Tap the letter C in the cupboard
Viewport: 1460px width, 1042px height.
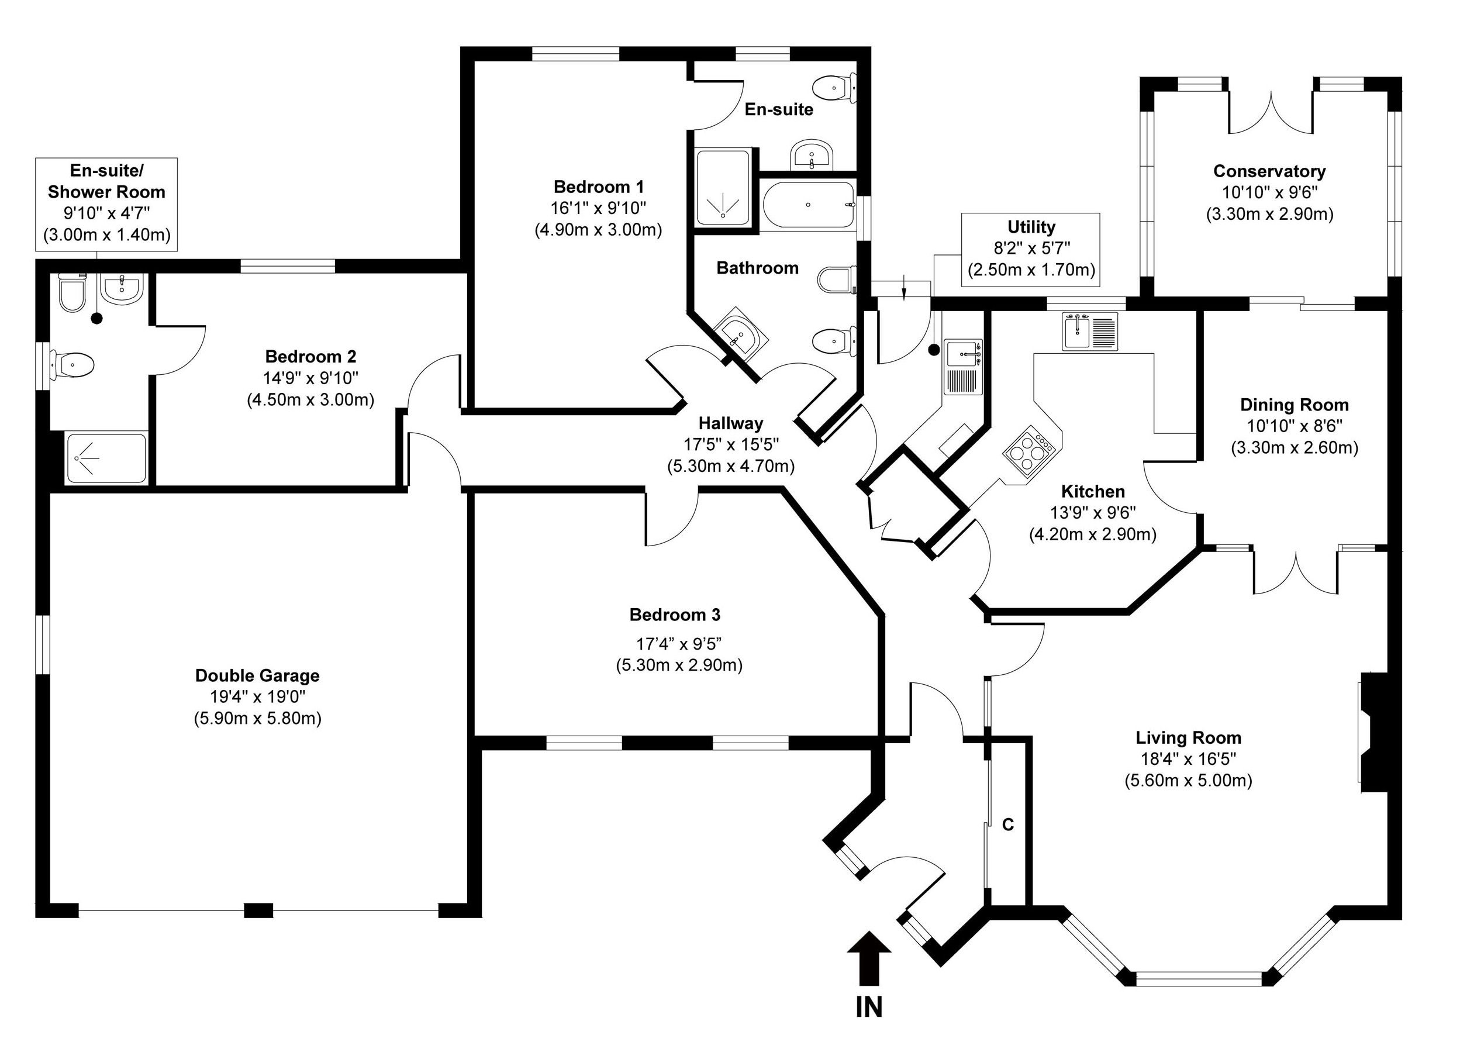pyautogui.click(x=1008, y=824)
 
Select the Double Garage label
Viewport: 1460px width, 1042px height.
pyautogui.click(x=257, y=675)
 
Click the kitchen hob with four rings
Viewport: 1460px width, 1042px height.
pyautogui.click(x=1028, y=450)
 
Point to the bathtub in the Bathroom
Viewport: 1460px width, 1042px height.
pyautogui.click(x=808, y=205)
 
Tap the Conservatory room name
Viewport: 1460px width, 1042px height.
pyautogui.click(x=1269, y=171)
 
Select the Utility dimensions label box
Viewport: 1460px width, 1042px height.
pyautogui.click(x=1031, y=249)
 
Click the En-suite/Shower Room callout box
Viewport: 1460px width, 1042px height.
pyautogui.click(x=106, y=203)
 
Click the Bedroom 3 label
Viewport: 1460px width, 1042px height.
pyautogui.click(x=675, y=615)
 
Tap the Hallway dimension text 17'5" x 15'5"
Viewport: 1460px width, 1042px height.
pyautogui.click(x=731, y=444)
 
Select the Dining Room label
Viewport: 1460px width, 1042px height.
pyautogui.click(x=1294, y=405)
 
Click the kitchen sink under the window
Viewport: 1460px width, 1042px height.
pyautogui.click(x=1089, y=331)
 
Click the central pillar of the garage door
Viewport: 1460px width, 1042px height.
pyautogui.click(x=258, y=910)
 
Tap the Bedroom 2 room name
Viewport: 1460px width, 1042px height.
pyautogui.click(x=310, y=356)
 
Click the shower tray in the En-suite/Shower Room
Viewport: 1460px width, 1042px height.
pyautogui.click(x=106, y=458)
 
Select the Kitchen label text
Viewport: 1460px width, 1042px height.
pyautogui.click(x=1092, y=492)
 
